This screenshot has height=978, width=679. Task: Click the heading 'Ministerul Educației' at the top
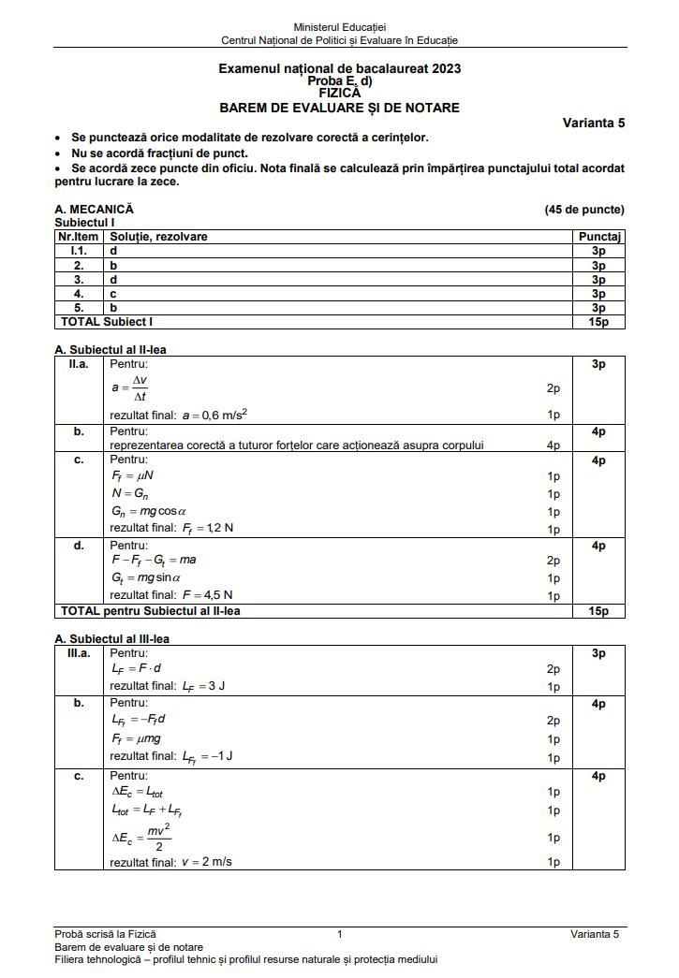coord(339,29)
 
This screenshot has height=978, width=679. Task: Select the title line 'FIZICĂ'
coord(339,94)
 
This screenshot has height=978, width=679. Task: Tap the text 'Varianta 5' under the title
coord(593,123)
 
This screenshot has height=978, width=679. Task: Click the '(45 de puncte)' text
coord(583,210)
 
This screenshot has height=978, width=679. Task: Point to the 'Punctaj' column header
coord(598,237)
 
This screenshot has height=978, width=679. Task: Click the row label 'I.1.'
coord(79,251)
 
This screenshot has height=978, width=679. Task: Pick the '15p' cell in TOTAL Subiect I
coord(598,322)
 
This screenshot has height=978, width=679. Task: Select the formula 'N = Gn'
coord(126,494)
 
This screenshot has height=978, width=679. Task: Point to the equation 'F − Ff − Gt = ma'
coord(154,561)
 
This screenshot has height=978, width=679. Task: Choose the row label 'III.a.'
coord(79,653)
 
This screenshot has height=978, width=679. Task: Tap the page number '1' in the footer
coord(339,934)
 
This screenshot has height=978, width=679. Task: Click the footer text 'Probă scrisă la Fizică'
coord(105,934)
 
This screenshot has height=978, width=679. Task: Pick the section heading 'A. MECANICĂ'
coord(95,210)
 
